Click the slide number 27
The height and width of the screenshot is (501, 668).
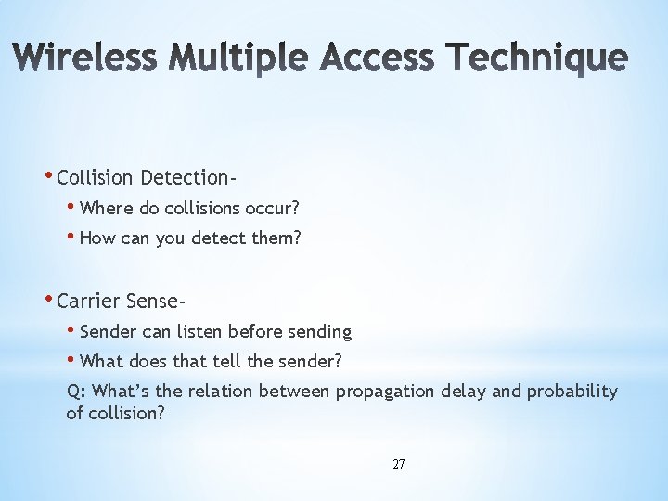pos(398,464)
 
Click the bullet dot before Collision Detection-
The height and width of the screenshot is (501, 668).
pos(48,175)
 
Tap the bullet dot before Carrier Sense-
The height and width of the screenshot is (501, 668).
pos(48,299)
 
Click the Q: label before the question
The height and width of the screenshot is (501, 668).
pos(77,392)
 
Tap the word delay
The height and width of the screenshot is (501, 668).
pos(462,392)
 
